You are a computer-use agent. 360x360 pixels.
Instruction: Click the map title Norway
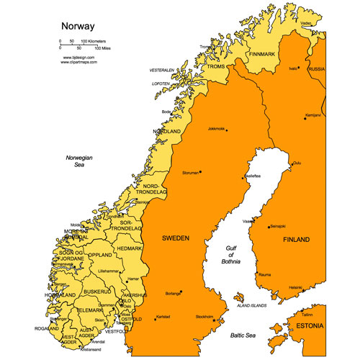tap(76, 27)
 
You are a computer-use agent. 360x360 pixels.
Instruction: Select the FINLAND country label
tap(296, 239)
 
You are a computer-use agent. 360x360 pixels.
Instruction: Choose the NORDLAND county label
tap(166, 132)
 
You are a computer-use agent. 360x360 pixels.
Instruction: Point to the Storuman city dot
tap(200, 171)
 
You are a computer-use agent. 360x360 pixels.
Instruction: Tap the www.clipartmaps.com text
tap(80, 61)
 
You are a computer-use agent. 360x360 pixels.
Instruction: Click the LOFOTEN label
tap(161, 84)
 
